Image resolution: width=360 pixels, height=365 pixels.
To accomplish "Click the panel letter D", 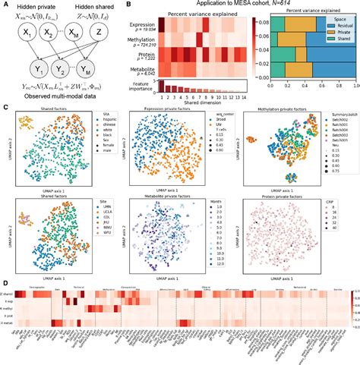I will (7, 280).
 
